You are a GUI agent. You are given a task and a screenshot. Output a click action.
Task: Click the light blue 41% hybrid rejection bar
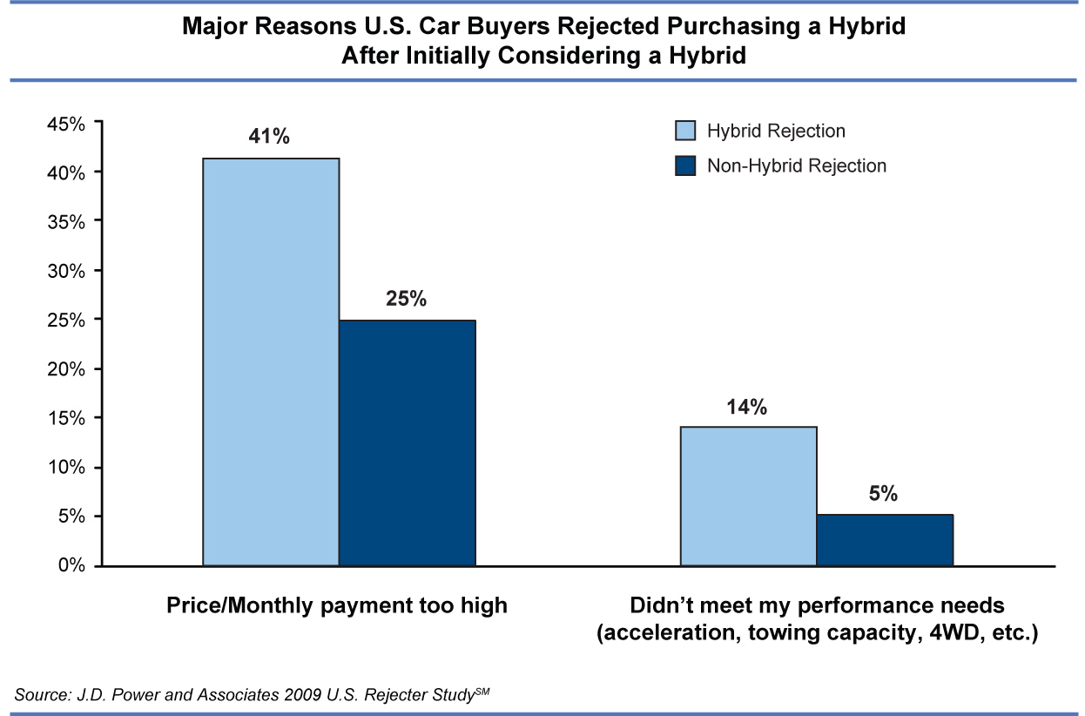point(271,361)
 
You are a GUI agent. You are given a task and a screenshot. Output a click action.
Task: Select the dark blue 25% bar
point(407,442)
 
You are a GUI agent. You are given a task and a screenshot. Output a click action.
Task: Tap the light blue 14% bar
point(748,496)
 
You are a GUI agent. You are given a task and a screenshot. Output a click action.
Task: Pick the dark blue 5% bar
point(885,540)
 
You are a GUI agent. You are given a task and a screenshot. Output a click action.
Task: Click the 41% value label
point(271,137)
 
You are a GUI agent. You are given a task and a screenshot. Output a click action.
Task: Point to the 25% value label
point(407,300)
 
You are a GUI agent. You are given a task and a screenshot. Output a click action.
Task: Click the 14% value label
point(748,406)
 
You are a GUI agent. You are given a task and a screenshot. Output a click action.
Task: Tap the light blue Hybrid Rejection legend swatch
point(686,131)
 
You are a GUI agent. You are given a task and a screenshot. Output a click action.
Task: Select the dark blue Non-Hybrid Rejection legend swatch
point(686,165)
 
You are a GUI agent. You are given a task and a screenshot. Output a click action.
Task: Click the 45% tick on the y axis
point(66,124)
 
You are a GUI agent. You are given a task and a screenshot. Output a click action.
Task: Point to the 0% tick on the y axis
point(72,566)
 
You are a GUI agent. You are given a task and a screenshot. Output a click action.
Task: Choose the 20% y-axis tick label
point(66,369)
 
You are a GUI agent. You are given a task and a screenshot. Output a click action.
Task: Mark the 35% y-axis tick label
point(66,222)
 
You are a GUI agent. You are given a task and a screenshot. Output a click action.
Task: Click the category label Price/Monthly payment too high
point(336,605)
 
